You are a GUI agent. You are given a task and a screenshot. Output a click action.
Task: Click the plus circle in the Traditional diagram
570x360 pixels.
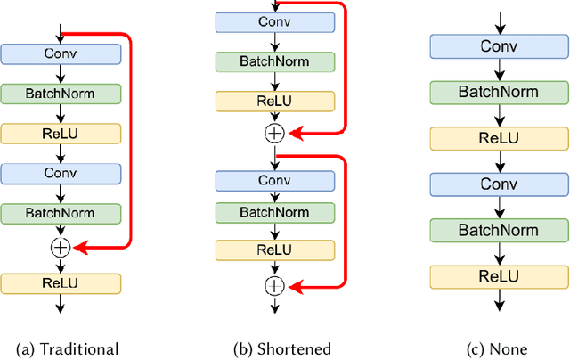click(x=60, y=248)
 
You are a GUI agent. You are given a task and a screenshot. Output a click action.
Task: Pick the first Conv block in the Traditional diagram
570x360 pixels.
click(x=60, y=53)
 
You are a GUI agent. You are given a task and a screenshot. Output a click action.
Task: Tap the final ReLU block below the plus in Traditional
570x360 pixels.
click(x=60, y=283)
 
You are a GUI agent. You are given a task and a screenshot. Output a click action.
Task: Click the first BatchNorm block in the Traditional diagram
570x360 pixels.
click(x=60, y=93)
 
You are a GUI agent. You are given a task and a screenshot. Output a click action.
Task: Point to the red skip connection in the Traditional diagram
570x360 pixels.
click(x=130, y=143)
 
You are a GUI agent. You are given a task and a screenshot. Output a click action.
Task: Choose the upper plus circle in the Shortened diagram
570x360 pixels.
click(x=274, y=133)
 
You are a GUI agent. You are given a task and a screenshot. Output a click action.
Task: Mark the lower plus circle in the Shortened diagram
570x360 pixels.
click(x=274, y=286)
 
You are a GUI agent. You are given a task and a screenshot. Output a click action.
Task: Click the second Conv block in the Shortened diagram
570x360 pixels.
click(x=274, y=180)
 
